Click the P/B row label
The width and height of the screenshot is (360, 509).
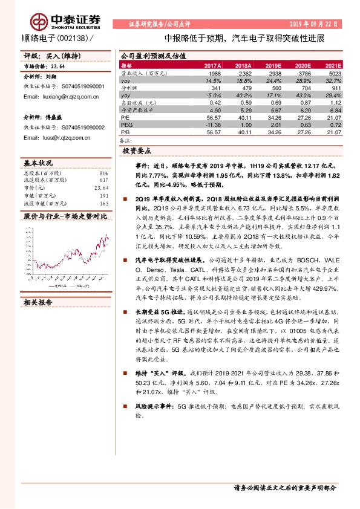tap(126, 132)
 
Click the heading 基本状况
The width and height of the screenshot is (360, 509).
tap(38, 163)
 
